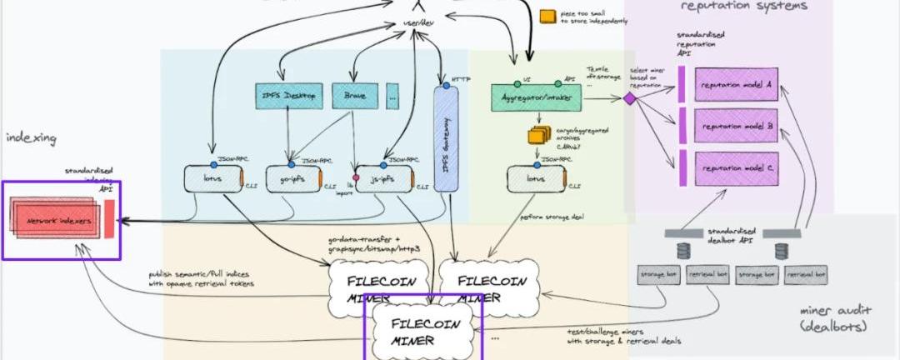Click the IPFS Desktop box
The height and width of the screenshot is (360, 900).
click(287, 95)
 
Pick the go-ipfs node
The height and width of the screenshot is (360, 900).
click(288, 181)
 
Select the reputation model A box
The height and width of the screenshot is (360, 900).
click(737, 85)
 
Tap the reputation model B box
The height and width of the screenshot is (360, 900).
click(737, 127)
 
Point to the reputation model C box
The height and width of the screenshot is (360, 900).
click(737, 168)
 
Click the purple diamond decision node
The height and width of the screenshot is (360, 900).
click(631, 98)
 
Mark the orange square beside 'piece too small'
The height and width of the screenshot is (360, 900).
click(547, 16)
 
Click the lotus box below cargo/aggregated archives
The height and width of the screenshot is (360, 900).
click(536, 181)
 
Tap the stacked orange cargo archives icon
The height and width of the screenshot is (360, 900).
click(536, 133)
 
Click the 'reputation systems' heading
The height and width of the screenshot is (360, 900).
click(743, 7)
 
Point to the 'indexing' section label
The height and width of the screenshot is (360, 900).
click(30, 137)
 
